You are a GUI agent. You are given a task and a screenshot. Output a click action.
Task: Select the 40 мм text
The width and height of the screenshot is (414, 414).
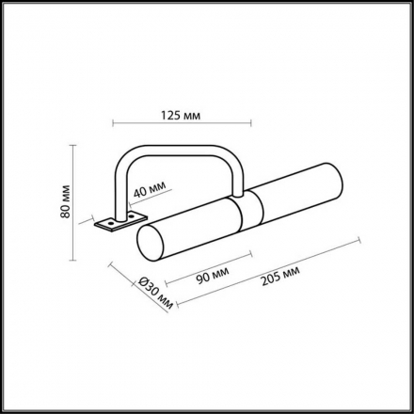(148, 192)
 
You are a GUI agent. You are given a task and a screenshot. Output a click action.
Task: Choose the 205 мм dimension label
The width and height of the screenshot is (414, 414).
(279, 279)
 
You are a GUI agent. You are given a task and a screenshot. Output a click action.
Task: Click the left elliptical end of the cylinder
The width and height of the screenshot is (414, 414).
(147, 244)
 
